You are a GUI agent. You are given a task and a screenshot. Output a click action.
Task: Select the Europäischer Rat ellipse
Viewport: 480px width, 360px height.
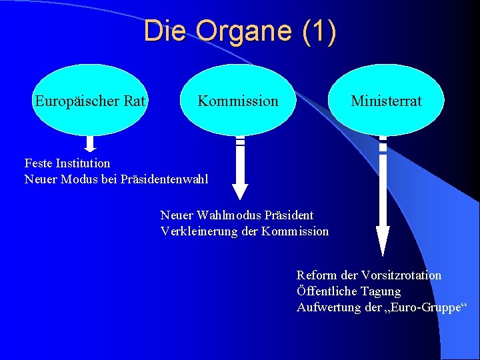[x=91, y=100]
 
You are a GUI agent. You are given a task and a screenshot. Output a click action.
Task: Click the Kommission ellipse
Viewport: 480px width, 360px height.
[x=237, y=100]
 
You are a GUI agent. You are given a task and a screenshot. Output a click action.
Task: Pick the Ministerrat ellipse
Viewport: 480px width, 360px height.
[x=386, y=100]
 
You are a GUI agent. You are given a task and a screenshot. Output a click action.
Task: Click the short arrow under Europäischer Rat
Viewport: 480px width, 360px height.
[x=91, y=143]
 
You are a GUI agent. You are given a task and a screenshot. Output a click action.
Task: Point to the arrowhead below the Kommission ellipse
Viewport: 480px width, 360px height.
[x=241, y=191]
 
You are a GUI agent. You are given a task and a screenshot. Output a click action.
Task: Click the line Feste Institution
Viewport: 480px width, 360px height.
[x=67, y=163]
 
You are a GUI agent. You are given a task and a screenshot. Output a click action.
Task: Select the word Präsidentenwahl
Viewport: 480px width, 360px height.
[x=165, y=179]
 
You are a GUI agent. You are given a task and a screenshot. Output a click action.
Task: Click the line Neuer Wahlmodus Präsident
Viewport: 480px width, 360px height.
[x=237, y=215]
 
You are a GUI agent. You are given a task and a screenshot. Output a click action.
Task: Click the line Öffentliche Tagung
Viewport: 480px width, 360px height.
[x=349, y=291]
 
